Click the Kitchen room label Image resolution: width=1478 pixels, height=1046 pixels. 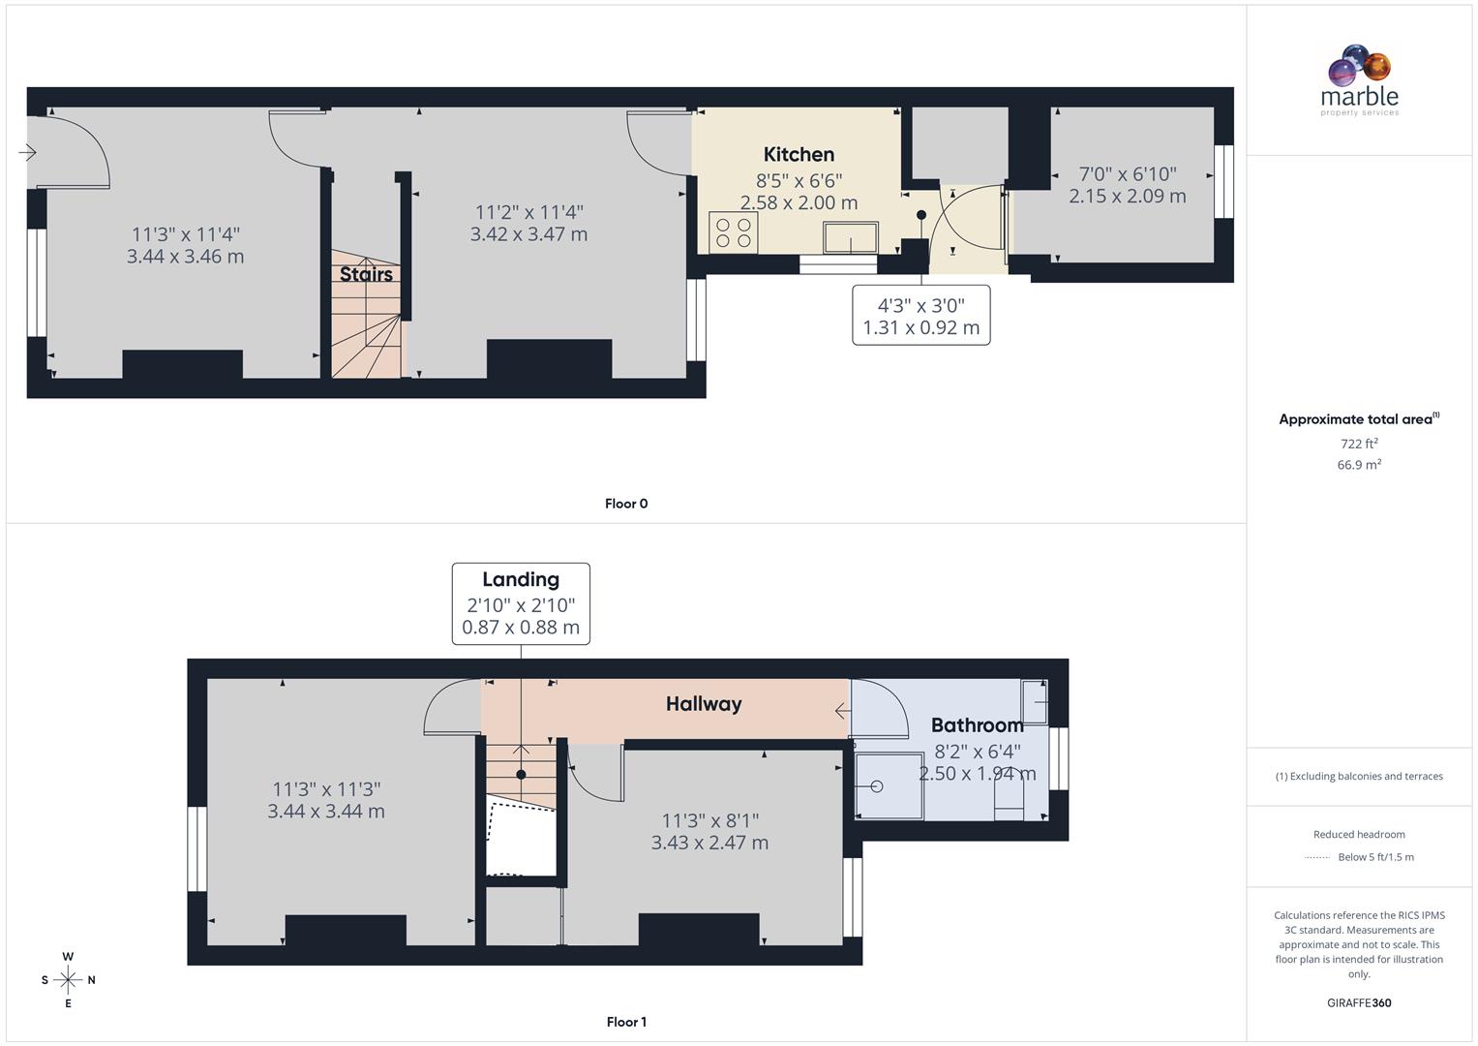coord(799,154)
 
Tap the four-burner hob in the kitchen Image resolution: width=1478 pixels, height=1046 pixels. coord(733,232)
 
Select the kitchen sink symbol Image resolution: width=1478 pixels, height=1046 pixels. coord(851,237)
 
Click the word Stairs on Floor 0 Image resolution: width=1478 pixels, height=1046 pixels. coord(366,274)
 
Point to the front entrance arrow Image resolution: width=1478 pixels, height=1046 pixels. coord(27,152)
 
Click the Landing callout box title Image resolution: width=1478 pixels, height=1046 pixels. coord(521,579)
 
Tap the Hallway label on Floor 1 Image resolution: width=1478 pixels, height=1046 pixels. coord(704,704)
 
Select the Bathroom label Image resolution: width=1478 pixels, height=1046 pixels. coord(977,725)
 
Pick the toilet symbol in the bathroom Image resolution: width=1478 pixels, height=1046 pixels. coord(1009,800)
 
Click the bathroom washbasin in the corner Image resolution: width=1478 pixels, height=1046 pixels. coord(1035,701)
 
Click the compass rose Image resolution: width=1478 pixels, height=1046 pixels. coord(68,980)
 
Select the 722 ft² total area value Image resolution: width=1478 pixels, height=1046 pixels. coord(1359,444)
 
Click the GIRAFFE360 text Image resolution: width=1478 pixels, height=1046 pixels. coord(1359,1002)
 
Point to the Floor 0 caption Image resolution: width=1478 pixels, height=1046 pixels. coord(626,504)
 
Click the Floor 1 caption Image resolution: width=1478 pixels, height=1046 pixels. coord(626,1022)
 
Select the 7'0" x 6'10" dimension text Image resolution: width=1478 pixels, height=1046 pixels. coord(1128,174)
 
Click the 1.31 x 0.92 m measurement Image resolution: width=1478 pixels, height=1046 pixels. coord(920,327)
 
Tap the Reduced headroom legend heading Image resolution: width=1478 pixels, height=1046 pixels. coord(1359,834)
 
